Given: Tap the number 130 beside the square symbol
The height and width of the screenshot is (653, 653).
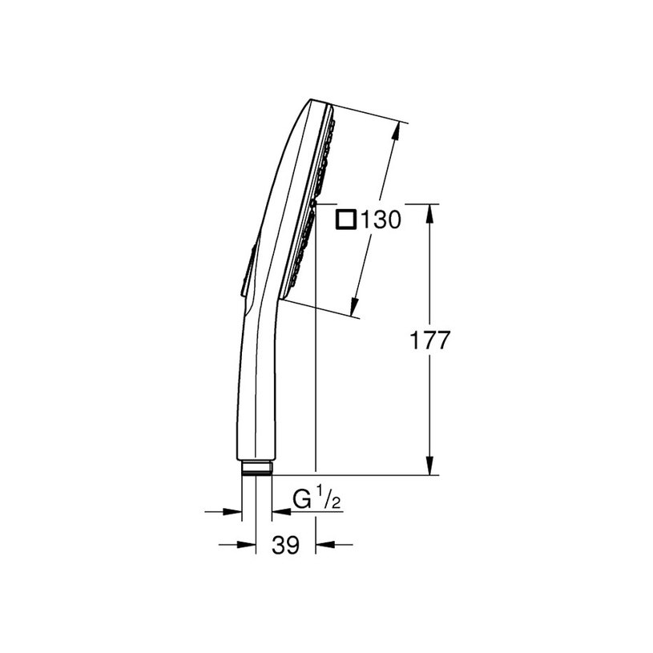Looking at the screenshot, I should click(380, 219).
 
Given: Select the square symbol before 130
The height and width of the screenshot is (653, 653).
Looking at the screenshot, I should click(346, 219).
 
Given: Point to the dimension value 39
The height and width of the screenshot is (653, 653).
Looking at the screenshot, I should click(285, 546).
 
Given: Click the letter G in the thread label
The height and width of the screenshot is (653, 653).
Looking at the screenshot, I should click(301, 501).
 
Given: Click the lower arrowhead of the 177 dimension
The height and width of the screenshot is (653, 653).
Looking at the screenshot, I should click(430, 467).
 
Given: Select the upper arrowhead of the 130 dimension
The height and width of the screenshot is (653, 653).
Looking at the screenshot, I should click(396, 131).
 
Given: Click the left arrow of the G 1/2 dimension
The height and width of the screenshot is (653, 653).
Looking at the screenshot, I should click(234, 510).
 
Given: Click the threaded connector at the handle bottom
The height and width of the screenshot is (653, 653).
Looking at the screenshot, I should click(256, 468).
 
